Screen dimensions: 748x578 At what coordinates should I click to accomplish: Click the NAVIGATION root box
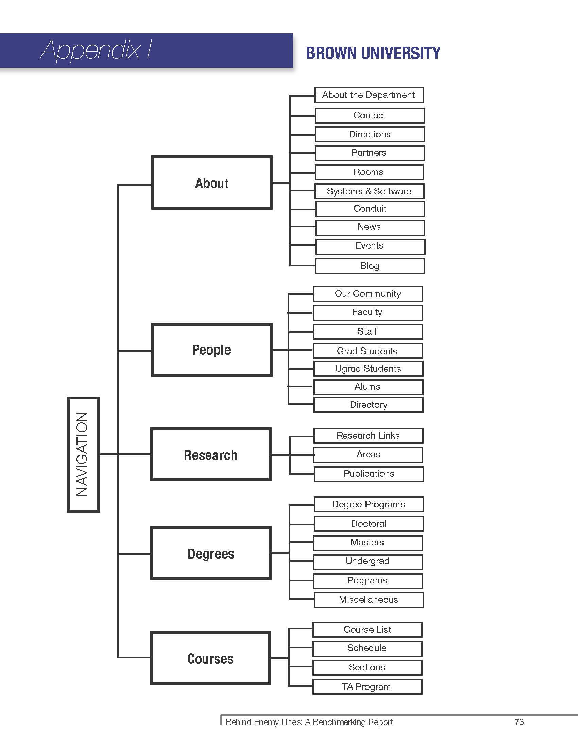click(x=83, y=455)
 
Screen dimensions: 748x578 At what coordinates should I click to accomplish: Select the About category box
click(x=212, y=183)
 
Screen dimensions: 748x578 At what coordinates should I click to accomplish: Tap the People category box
click(x=212, y=350)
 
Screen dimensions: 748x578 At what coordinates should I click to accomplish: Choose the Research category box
click(x=211, y=455)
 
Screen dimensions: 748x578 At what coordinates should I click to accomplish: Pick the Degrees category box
click(x=211, y=554)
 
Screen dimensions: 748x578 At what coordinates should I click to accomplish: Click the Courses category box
click(x=210, y=659)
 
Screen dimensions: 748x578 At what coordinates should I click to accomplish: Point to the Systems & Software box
click(x=369, y=191)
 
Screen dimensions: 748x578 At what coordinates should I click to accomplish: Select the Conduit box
click(x=370, y=209)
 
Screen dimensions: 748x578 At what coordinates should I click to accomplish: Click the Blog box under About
click(x=370, y=266)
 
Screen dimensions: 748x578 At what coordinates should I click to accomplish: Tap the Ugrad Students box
click(x=368, y=369)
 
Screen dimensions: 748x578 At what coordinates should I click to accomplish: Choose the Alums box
click(x=368, y=387)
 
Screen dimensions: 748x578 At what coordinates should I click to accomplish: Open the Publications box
click(x=369, y=474)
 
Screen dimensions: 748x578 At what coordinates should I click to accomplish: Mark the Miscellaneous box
click(x=369, y=600)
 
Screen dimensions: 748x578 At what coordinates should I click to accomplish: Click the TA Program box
click(x=367, y=687)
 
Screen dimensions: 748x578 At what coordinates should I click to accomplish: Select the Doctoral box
click(x=369, y=524)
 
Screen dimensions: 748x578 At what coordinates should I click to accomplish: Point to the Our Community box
click(x=368, y=294)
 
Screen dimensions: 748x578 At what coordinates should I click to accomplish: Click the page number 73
click(x=519, y=722)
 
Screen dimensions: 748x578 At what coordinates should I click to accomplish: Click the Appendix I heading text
click(x=96, y=50)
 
